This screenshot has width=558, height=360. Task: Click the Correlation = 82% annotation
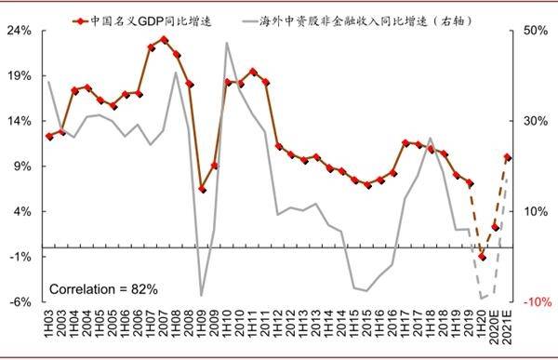103,288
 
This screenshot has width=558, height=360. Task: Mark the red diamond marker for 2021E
507,157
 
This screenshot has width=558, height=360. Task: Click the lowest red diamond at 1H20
482,257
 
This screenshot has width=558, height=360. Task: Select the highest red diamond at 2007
164,40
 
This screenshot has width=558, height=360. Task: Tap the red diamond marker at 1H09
202,189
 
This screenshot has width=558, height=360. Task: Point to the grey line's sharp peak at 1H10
227,43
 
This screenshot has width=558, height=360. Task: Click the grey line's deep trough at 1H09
202,296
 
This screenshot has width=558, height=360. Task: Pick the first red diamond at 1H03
49,137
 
